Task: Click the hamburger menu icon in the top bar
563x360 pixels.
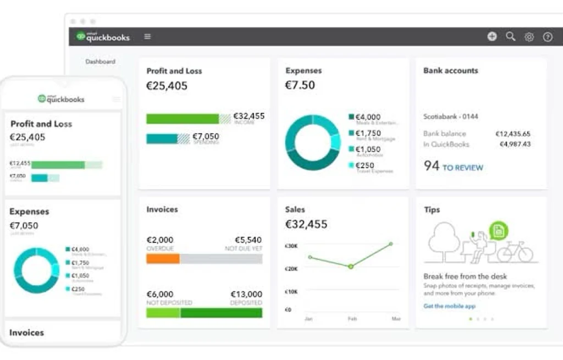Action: click(x=147, y=37)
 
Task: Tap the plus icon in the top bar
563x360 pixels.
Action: click(x=492, y=37)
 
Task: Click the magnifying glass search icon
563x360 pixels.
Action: click(x=511, y=37)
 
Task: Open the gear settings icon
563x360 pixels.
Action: click(x=529, y=37)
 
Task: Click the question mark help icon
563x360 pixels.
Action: click(x=548, y=37)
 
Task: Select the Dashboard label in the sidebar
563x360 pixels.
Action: click(x=100, y=62)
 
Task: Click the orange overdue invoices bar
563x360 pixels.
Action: click(x=163, y=259)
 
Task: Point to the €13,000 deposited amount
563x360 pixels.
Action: click(x=246, y=295)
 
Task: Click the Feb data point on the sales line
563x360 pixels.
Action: click(x=351, y=267)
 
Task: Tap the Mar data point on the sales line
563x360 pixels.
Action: click(x=391, y=243)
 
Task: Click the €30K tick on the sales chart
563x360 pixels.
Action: click(x=291, y=246)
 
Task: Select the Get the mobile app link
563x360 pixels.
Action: click(x=449, y=306)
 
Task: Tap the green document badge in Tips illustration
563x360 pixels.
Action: click(x=499, y=230)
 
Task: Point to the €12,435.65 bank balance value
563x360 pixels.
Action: click(x=512, y=134)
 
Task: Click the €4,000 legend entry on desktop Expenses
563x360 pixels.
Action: click(x=367, y=117)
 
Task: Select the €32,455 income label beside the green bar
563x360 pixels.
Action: click(x=249, y=117)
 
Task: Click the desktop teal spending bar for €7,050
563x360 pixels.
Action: click(x=162, y=139)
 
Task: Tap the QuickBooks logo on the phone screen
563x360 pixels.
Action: click(x=61, y=99)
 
